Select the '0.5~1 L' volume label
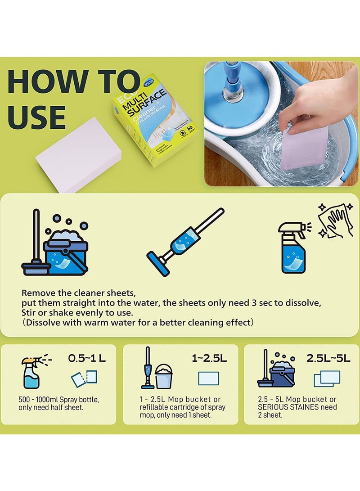click(x=87, y=358)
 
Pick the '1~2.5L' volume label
click(x=209, y=358)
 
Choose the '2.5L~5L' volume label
click(x=328, y=358)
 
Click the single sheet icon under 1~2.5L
click(x=208, y=378)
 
